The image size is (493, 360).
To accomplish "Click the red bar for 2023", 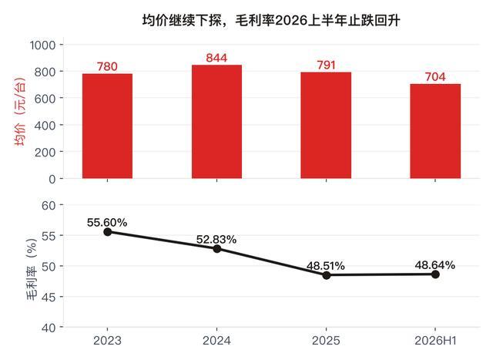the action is (108, 126).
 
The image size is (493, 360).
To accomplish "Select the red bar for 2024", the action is (216, 122).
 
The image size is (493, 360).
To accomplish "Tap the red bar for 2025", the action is (326, 126).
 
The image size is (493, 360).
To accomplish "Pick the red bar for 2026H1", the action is (435, 131).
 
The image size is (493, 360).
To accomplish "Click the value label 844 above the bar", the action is (216, 58).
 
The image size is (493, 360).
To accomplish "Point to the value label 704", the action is (435, 77).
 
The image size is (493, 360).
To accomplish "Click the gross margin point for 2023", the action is (108, 232).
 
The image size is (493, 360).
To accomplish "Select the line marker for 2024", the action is (217, 249).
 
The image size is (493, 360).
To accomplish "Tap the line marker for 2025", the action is (327, 275).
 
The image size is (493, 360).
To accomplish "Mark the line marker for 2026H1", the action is (435, 274).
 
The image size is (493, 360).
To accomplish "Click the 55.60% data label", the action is (107, 223).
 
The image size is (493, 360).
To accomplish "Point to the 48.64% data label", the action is (434, 265).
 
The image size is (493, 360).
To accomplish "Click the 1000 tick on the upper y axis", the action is (43, 45).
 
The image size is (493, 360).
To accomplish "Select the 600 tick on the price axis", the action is (45, 99).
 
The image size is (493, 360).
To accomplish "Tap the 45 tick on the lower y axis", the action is (49, 297).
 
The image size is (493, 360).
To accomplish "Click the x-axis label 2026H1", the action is (435, 341).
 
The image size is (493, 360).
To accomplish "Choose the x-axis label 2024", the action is (216, 341).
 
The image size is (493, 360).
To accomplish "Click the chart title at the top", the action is (271, 21).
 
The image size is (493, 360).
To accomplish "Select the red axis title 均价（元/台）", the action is (19, 112).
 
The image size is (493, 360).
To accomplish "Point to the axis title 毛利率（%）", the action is (32, 269).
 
